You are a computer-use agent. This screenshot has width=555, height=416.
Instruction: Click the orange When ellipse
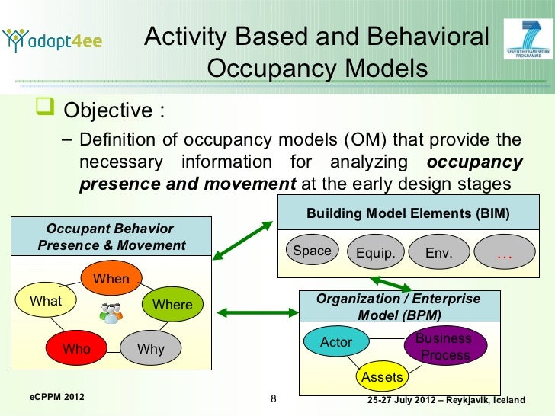(x=111, y=279)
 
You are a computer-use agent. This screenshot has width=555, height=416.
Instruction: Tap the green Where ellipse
(x=173, y=305)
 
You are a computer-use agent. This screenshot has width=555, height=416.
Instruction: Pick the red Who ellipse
(x=76, y=349)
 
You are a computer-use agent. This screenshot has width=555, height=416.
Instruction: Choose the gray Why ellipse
(x=151, y=349)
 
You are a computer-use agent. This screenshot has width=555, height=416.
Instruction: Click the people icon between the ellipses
(x=111, y=313)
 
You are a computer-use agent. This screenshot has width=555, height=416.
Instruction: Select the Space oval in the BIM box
(x=313, y=251)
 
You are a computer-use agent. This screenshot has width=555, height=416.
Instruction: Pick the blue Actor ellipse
(x=336, y=342)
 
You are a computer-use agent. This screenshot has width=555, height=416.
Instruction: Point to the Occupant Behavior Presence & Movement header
(x=111, y=237)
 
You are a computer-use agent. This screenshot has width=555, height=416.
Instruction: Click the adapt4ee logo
(x=53, y=40)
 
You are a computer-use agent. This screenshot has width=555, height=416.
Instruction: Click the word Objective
(x=107, y=111)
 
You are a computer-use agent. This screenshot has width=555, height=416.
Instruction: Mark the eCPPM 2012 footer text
(x=57, y=398)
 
